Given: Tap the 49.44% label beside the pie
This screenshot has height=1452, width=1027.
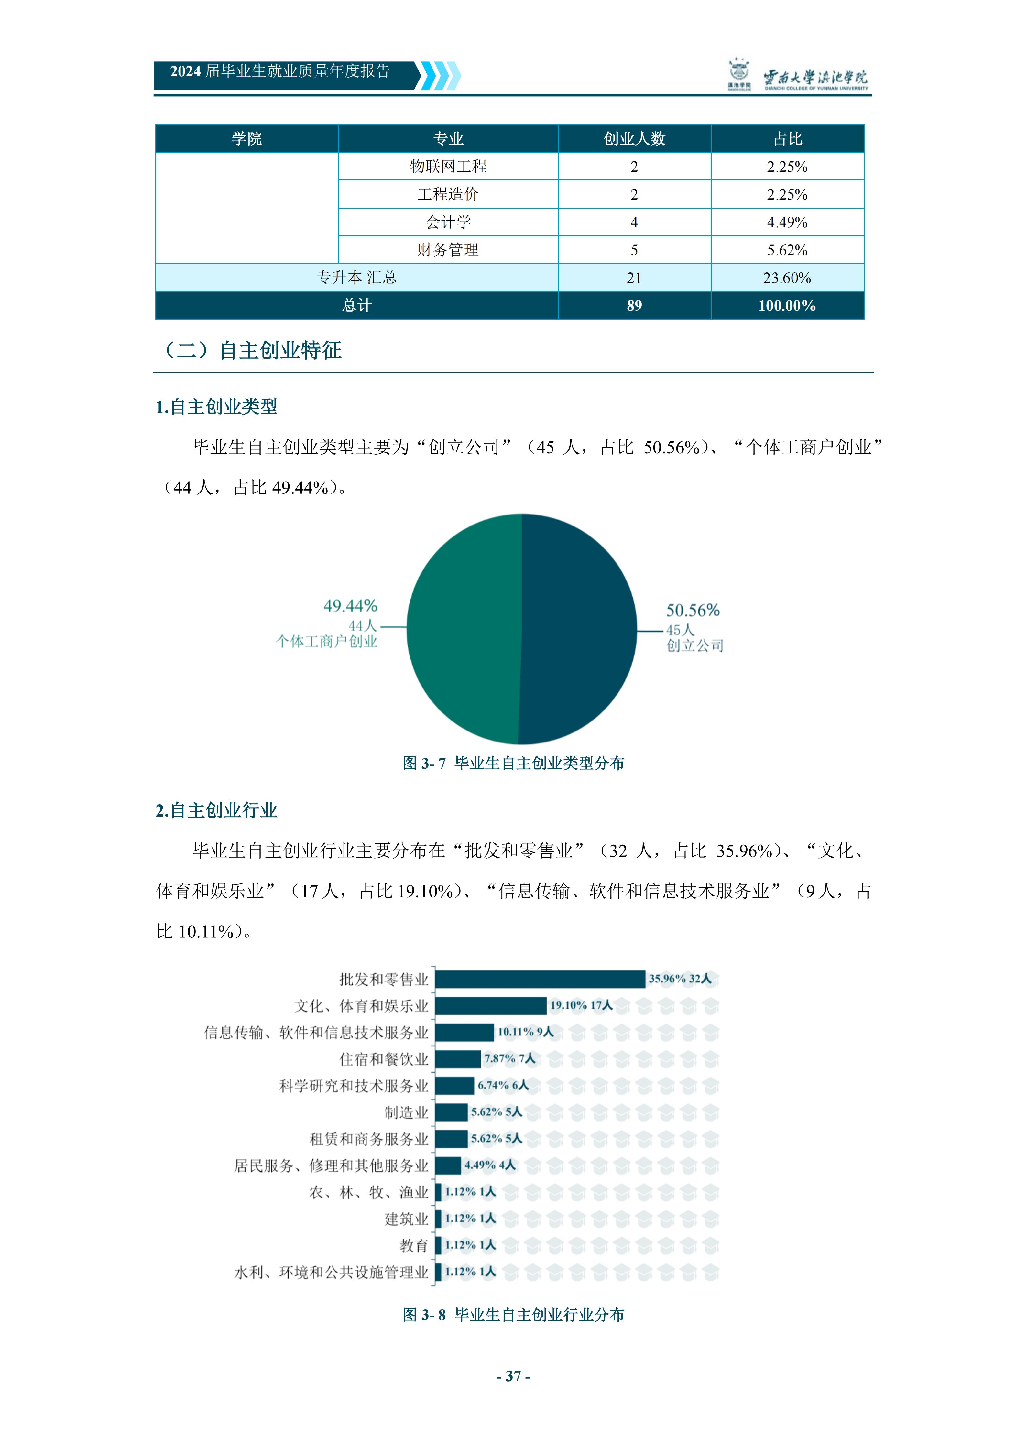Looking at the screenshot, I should (x=350, y=606).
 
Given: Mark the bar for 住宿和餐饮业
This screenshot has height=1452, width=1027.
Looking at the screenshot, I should (x=458, y=1059).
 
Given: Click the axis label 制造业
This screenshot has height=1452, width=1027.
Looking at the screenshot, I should (x=407, y=1112).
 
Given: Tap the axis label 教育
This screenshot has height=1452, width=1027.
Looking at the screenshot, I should (x=414, y=1245).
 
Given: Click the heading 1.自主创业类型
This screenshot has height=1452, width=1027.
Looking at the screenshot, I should (x=216, y=406).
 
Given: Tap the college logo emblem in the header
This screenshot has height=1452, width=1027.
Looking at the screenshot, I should (x=738, y=75).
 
